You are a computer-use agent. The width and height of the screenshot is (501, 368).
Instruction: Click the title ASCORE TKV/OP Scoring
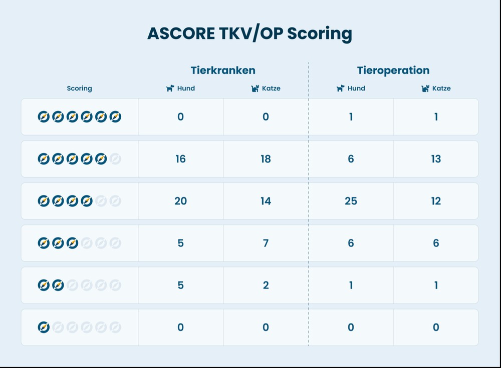pos(249,33)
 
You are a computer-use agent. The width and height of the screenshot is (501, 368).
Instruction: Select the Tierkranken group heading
pos(223,70)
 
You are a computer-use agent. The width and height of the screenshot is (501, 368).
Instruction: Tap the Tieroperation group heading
pos(393,70)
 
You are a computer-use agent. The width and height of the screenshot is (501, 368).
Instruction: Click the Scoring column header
pos(79,88)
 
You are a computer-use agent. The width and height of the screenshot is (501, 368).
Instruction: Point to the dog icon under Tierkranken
pos(170,88)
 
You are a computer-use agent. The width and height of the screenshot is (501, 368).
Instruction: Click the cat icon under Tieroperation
pos(425,88)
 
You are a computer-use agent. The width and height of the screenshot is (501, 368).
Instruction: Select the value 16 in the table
pos(180,159)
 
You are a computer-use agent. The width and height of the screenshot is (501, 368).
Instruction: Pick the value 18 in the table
pos(266,159)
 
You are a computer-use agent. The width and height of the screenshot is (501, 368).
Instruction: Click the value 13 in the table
pos(436,159)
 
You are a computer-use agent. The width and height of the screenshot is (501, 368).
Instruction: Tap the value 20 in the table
pos(180,201)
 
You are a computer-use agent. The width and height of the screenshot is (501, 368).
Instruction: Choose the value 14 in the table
pos(266,201)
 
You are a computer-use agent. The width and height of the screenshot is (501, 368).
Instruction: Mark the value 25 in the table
pos(351,201)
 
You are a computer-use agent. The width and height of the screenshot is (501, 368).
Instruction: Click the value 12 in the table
pos(436,201)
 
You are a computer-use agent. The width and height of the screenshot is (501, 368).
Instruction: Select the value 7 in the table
pos(266,243)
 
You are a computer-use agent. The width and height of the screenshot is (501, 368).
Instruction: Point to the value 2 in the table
pos(266,285)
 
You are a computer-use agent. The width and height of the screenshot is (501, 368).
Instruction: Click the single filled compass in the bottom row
pos(44,327)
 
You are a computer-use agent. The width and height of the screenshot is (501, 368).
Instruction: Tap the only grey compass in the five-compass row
pos(115,159)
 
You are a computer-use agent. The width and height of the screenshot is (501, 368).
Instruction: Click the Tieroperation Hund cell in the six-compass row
pos(351,117)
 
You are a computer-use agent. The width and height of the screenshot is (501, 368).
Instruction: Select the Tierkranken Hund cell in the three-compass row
pos(180,243)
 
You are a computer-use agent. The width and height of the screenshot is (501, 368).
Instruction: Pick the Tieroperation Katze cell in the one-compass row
pos(436,327)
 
